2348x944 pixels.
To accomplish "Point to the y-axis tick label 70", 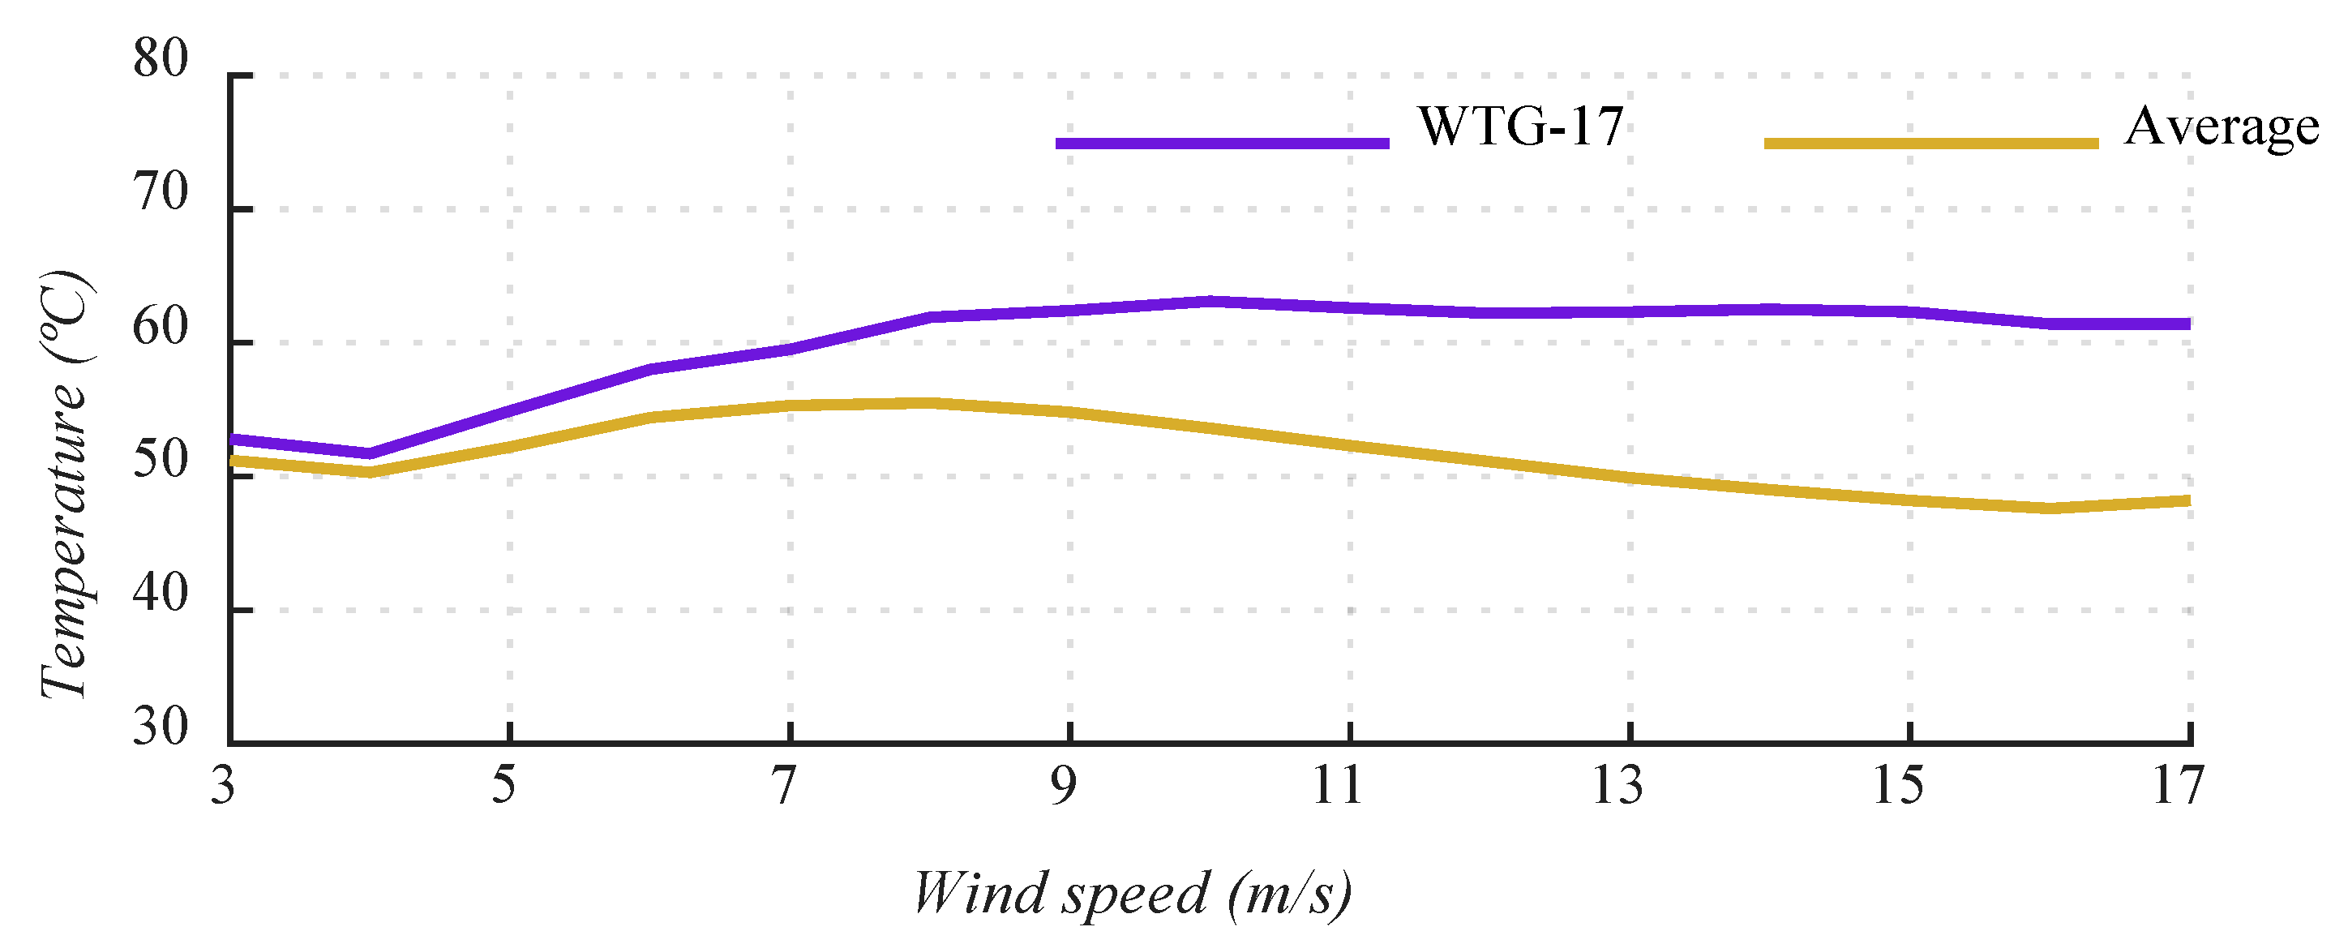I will tap(161, 193).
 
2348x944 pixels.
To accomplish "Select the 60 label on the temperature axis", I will tap(161, 328).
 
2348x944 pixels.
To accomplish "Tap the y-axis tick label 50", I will tap(161, 461).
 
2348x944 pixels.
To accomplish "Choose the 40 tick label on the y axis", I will tap(161, 594).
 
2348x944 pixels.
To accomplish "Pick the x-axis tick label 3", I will tap(223, 786).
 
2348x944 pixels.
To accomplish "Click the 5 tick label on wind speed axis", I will tap(504, 786).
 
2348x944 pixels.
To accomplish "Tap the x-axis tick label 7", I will tap(784, 786).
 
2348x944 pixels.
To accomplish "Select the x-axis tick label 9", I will tap(1064, 786).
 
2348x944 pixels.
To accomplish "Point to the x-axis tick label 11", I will tap(1337, 786).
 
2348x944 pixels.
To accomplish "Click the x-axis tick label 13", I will tap(1617, 786).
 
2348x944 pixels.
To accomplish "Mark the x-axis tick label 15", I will tap(1899, 786).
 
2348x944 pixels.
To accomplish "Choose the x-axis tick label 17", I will tap(2179, 786).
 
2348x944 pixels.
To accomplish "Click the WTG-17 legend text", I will tap(1520, 127).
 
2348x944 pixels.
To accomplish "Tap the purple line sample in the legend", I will tap(1223, 144).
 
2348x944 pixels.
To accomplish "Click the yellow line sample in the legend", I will tap(1931, 144).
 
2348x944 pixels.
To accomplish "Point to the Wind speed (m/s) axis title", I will tap(1133, 895).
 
